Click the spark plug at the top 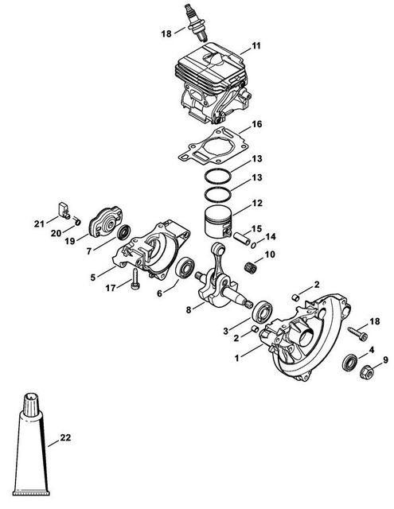coord(195,22)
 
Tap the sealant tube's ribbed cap coord(32,404)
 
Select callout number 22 coord(65,437)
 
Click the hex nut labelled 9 coord(366,372)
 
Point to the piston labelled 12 coord(218,222)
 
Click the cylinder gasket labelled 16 coord(210,145)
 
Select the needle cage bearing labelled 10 coord(249,267)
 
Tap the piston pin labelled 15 coord(242,239)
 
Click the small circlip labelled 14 coord(254,245)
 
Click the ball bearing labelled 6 coord(185,267)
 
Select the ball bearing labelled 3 coord(263,311)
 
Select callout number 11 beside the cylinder coord(256,46)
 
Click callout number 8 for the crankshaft coord(189,309)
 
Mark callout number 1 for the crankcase coord(236,358)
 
